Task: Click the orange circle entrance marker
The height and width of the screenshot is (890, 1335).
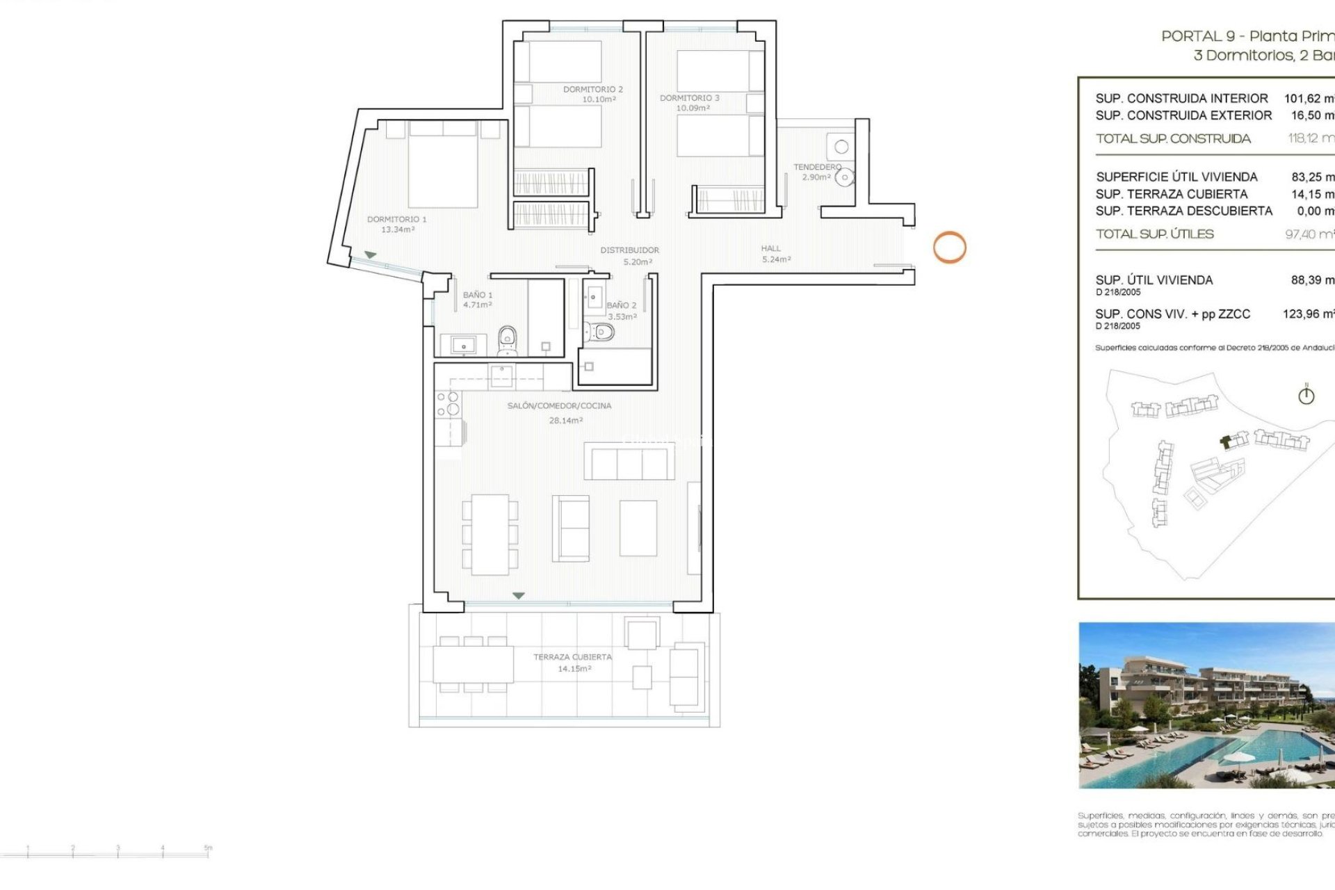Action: [949, 247]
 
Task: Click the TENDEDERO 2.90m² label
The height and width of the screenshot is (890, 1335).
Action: [817, 172]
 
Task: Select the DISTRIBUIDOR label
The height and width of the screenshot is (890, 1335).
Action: [630, 250]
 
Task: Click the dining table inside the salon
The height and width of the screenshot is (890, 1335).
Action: [490, 534]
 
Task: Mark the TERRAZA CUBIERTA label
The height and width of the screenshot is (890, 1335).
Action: [573, 657]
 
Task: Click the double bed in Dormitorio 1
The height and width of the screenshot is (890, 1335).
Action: [443, 167]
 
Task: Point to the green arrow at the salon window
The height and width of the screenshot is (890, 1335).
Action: [518, 596]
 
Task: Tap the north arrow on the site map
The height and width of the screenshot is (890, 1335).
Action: [1306, 395]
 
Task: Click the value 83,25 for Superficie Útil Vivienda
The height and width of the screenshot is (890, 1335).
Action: [1311, 177]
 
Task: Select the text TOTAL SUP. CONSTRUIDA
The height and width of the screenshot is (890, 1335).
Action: [1173, 139]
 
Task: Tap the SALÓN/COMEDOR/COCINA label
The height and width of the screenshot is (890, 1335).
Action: [559, 406]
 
